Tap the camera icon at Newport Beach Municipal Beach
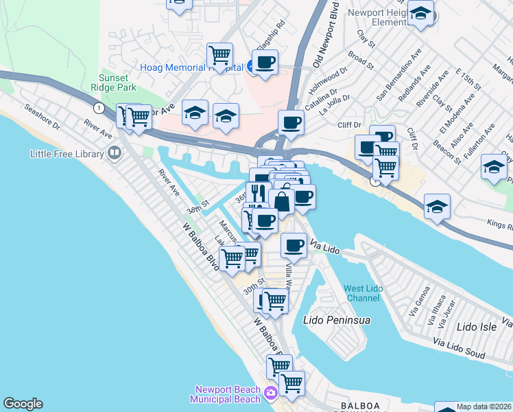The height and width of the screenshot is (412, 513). pyautogui.click(x=270, y=392)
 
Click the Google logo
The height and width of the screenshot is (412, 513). pyautogui.click(x=23, y=404)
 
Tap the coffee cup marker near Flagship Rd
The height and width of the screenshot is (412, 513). pyautogui.click(x=265, y=62)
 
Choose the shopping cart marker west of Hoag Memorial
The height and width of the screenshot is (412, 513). pyautogui.click(x=219, y=54)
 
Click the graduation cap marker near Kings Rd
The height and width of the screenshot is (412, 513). pyautogui.click(x=437, y=206)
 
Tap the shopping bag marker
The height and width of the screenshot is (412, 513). pyautogui.click(x=281, y=201)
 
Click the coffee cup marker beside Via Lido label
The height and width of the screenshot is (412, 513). pyautogui.click(x=294, y=245)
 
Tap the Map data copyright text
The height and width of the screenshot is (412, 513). pyautogui.click(x=484, y=407)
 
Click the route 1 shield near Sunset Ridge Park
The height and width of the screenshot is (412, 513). pyautogui.click(x=99, y=108)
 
